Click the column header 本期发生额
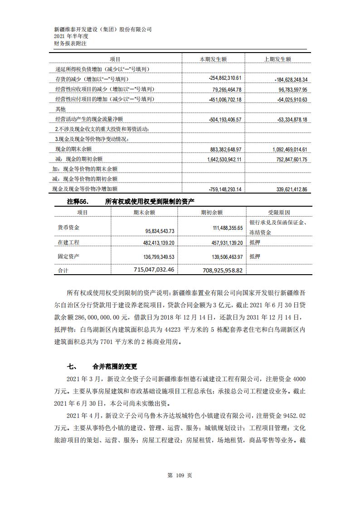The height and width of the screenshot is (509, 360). click(213, 59)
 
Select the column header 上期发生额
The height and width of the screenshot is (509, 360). click(277, 59)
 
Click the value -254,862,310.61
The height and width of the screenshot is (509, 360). click(225, 78)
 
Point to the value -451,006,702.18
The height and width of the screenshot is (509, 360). click(225, 100)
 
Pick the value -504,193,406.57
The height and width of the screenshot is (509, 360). click(225, 119)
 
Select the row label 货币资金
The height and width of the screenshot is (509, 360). click(68, 227)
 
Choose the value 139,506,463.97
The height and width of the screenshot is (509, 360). click(223, 257)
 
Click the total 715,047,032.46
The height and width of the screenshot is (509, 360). click(148, 270)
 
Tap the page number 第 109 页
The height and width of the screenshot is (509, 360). click(180, 475)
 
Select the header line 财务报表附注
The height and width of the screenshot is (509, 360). click(70, 44)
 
